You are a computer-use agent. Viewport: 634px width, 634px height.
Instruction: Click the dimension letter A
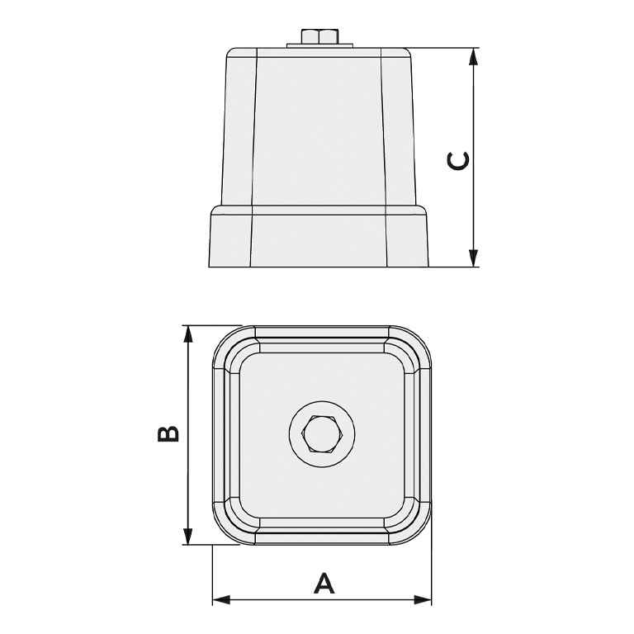pos(324,583)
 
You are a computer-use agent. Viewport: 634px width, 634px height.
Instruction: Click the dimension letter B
pos(168,434)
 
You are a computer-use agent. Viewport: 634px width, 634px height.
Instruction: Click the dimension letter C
pos(458,160)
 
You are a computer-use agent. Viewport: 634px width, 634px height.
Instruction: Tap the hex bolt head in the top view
pos(322,433)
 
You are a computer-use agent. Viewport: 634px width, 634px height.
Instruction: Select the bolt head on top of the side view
pos(319,36)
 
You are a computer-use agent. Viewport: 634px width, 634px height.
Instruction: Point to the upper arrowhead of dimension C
pos(473,57)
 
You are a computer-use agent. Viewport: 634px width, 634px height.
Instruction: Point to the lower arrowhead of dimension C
pos(473,258)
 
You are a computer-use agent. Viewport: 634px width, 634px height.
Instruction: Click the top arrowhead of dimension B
pos(187,334)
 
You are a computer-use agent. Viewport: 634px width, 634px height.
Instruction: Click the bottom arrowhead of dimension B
pos(187,536)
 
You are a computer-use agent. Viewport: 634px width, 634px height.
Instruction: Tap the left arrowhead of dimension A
pos(221,599)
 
